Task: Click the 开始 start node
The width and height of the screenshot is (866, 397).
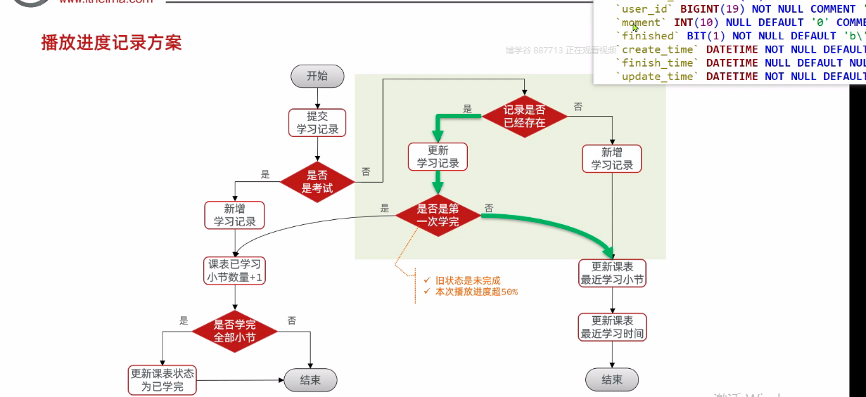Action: point(317,76)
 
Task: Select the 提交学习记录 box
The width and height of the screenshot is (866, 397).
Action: point(317,122)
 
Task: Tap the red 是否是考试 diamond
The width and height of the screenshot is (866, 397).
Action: point(317,181)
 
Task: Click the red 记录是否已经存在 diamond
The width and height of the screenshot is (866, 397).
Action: point(524,116)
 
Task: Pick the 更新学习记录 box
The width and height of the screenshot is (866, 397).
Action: point(438,157)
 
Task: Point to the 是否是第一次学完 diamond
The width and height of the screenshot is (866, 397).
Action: point(438,215)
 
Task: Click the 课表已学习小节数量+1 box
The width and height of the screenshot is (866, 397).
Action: point(234,271)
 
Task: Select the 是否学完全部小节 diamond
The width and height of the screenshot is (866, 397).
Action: point(234,331)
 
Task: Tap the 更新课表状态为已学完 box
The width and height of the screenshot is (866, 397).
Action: point(163,380)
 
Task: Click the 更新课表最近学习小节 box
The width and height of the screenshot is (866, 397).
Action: point(612,273)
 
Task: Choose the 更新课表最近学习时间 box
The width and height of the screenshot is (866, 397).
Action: point(612,327)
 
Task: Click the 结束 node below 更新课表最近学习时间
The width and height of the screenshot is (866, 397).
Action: point(612,379)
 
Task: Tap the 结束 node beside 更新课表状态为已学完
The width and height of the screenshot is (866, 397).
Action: point(310,380)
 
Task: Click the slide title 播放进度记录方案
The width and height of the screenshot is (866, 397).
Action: point(111,43)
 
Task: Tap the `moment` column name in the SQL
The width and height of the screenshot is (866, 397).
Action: point(641,22)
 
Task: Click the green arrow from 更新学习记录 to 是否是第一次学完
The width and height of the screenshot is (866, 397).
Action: point(438,182)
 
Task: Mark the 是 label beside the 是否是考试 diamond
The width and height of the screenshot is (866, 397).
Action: point(265,174)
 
